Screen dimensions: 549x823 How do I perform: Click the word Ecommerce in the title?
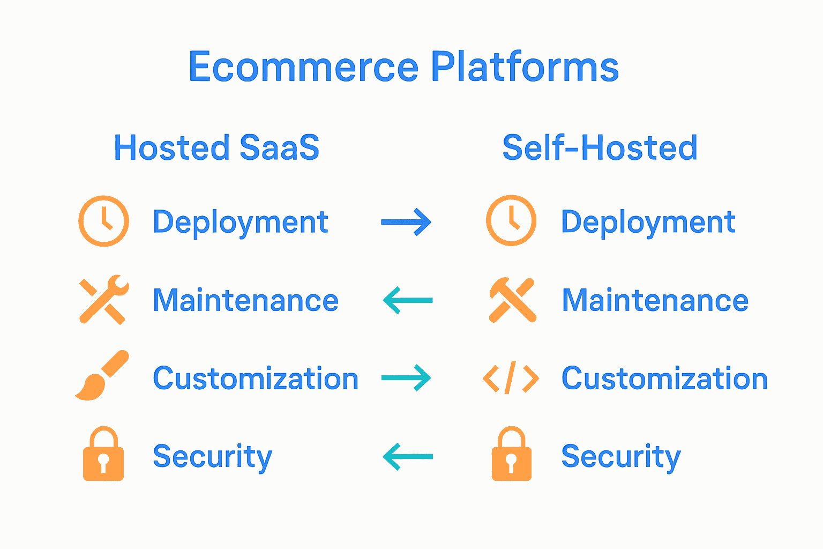303,67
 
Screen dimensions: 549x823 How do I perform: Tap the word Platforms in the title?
525,67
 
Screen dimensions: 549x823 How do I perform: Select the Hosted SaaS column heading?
217,147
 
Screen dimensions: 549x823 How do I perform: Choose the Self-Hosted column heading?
600,147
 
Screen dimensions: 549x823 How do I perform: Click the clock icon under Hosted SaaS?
104,221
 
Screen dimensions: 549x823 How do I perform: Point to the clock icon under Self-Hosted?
511,220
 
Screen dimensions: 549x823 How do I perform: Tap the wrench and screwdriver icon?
103,300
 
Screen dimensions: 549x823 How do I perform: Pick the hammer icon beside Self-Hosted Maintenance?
512,300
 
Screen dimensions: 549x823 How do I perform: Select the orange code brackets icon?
511,378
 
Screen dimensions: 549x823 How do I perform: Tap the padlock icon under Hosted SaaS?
103,455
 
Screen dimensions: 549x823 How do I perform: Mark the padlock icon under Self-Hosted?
512,455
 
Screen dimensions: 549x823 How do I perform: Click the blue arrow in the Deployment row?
406,222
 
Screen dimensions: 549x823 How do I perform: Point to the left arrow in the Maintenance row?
408,300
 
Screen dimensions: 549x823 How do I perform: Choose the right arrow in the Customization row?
406,378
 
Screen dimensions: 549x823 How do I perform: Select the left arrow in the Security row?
408,456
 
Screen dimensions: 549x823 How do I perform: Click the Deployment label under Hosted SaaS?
240,222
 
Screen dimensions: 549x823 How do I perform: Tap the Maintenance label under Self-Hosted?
655,300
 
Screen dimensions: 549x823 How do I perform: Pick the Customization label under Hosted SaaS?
256,379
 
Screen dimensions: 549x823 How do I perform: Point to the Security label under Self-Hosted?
621,457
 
